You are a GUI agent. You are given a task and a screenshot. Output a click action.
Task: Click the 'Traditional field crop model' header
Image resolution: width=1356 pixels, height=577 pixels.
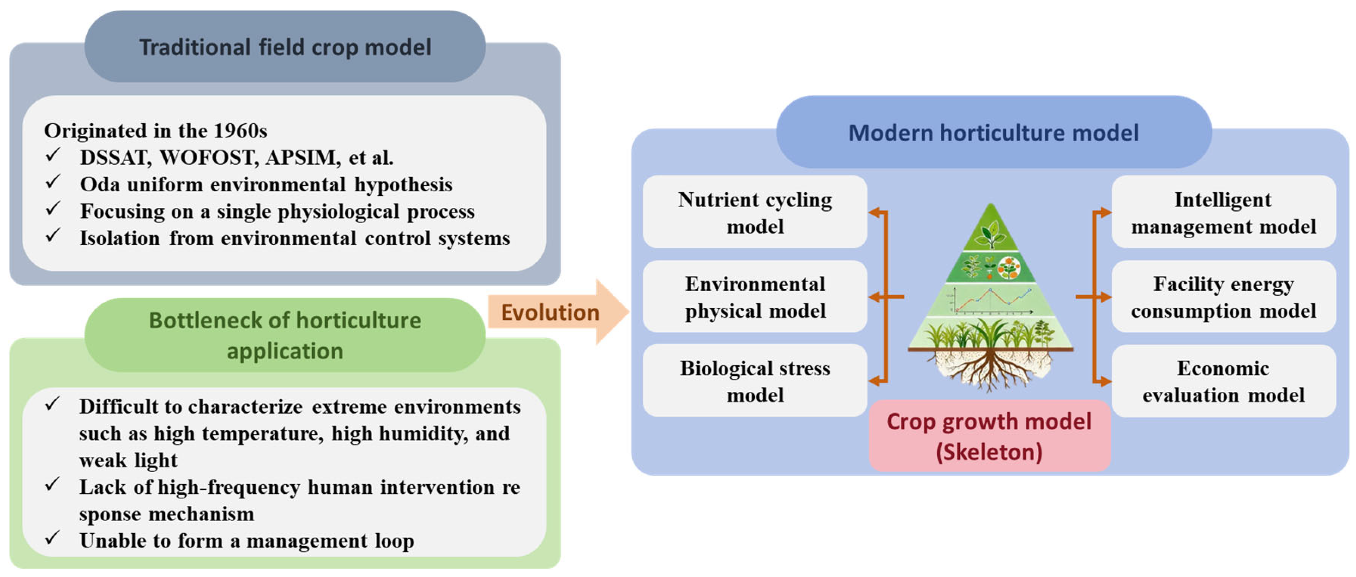point(285,47)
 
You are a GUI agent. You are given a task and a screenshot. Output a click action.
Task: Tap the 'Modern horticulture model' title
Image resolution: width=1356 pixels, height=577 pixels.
point(993,133)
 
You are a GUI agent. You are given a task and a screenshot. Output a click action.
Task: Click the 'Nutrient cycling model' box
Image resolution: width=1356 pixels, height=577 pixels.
point(755,213)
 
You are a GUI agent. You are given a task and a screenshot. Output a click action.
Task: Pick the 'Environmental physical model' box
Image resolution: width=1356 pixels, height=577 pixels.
point(755,297)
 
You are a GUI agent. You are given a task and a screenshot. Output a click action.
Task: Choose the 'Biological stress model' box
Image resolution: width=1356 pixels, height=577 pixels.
point(755,381)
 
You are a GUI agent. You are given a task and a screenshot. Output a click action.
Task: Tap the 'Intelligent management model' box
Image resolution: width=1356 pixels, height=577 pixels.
point(1223,213)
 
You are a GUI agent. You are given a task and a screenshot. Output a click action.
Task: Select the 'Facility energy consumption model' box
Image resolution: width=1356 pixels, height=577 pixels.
point(1223,297)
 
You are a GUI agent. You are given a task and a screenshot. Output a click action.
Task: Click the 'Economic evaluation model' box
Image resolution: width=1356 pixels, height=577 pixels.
point(1223,381)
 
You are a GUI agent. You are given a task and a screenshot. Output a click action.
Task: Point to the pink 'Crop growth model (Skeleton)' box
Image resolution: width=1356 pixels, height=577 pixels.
point(989,436)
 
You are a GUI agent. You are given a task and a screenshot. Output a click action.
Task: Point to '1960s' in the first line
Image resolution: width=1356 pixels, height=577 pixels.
point(240,131)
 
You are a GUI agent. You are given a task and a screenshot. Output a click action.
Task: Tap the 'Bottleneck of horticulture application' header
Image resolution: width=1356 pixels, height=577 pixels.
point(285,336)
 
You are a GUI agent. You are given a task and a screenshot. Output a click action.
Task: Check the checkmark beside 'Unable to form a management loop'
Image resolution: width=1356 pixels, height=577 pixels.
point(52,538)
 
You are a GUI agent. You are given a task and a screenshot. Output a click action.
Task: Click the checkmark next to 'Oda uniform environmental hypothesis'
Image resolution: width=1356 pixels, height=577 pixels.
point(52,182)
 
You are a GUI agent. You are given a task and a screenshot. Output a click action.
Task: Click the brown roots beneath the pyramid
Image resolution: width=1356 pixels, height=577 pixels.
point(991,368)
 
